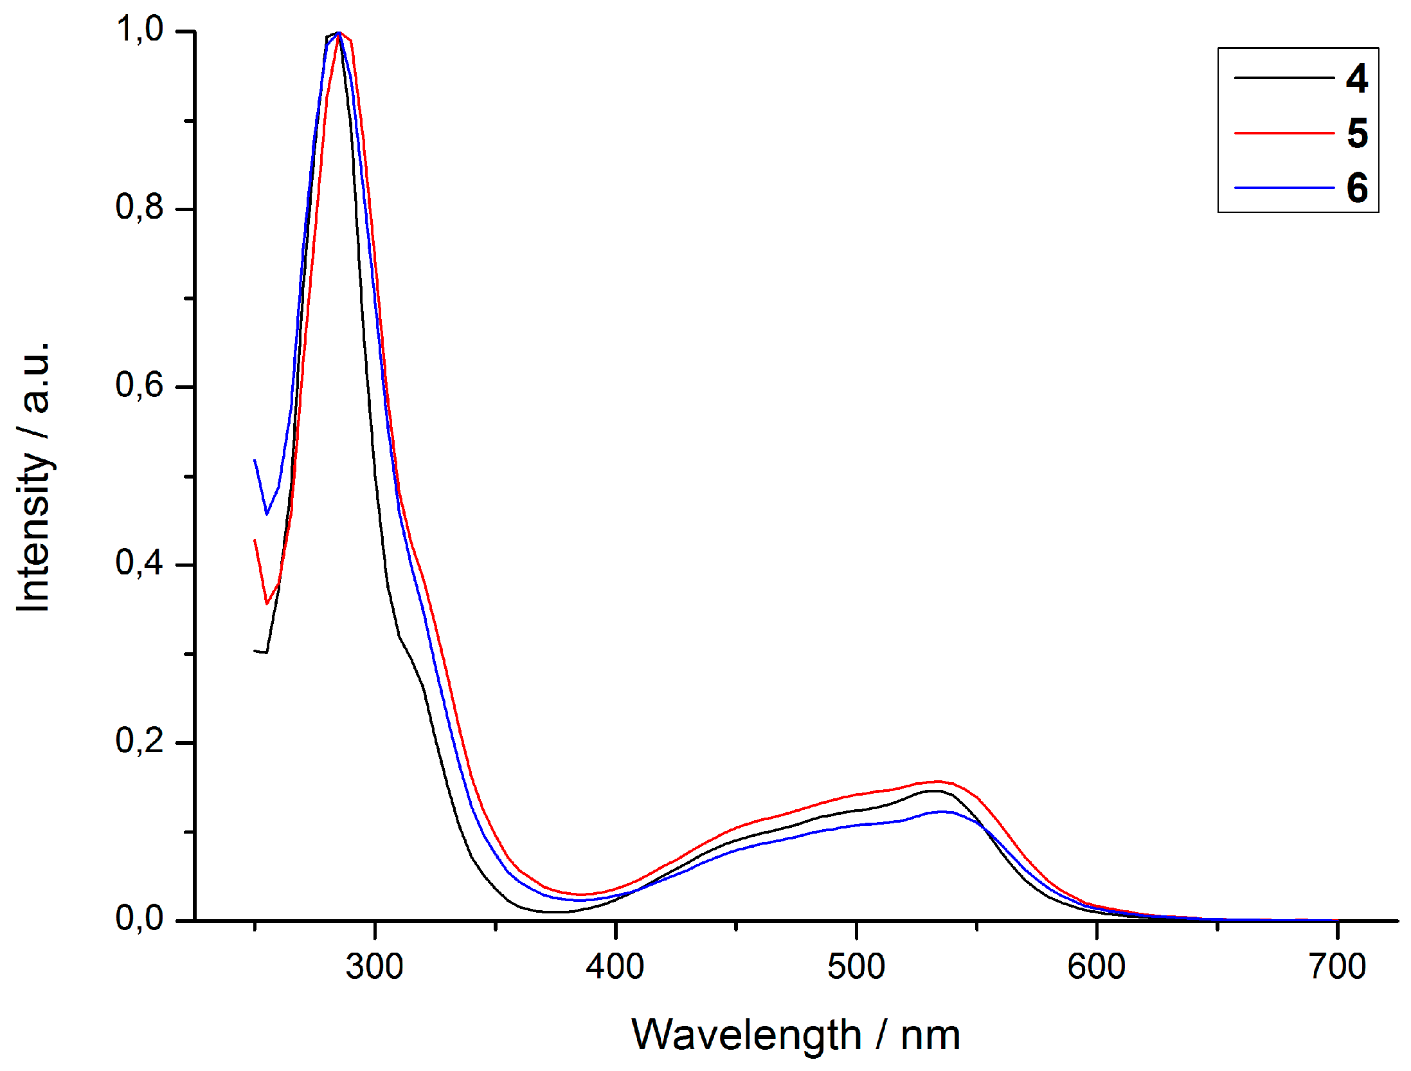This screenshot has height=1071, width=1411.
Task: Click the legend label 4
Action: pyautogui.click(x=1356, y=78)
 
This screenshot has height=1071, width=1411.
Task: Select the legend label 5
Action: pyautogui.click(x=1356, y=133)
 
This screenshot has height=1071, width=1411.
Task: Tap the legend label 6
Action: pyautogui.click(x=1356, y=188)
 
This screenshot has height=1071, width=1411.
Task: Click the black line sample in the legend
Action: pyautogui.click(x=1284, y=78)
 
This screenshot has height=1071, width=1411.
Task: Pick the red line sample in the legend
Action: pyautogui.click(x=1284, y=133)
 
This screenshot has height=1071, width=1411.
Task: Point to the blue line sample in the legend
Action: pyautogui.click(x=1284, y=188)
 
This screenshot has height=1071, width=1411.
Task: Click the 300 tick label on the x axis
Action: pyautogui.click(x=374, y=967)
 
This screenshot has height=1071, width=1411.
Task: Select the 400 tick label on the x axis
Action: pyautogui.click(x=615, y=967)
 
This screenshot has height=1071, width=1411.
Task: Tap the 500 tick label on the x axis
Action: pyautogui.click(x=856, y=967)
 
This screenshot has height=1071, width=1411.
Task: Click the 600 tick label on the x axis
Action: pyautogui.click(x=1096, y=967)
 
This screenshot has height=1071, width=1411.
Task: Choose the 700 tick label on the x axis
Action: pyautogui.click(x=1337, y=967)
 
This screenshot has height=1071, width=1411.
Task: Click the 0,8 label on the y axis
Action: pyautogui.click(x=139, y=207)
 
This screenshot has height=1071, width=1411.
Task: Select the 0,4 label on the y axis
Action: pyautogui.click(x=139, y=563)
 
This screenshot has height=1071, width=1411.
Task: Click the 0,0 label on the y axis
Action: pyautogui.click(x=139, y=919)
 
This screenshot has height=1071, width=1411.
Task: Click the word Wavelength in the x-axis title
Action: pyautogui.click(x=746, y=1036)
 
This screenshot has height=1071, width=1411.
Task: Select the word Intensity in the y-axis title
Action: pyautogui.click(x=33, y=531)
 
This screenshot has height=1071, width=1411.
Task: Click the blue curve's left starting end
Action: pyautogui.click(x=255, y=461)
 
